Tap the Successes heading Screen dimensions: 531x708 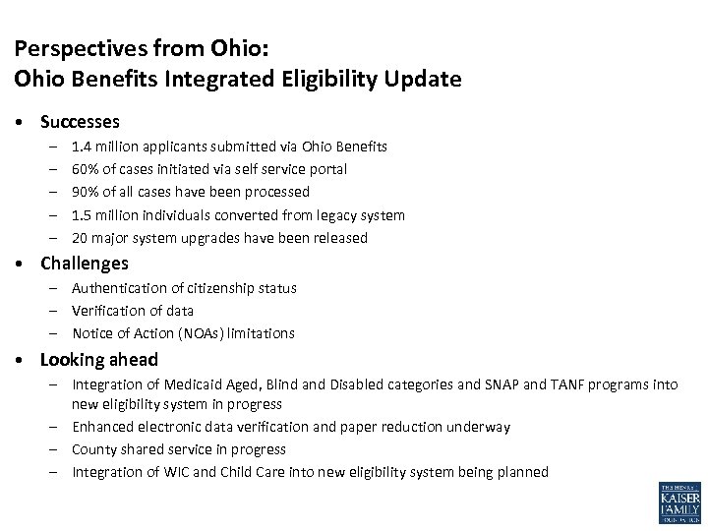[80, 122]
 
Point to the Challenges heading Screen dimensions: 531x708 [84, 264]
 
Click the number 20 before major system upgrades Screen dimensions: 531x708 [81, 238]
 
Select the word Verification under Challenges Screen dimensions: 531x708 [104, 311]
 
